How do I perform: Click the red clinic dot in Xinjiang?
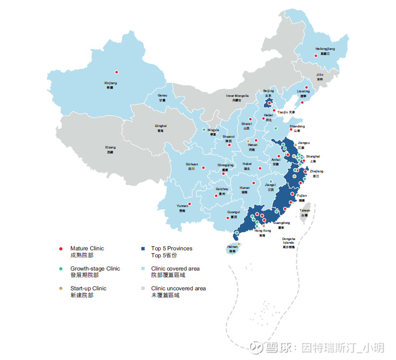click(116, 72)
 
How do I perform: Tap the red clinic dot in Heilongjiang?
click(316, 56)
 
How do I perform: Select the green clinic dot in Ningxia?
click(204, 129)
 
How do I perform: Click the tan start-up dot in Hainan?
click(239, 244)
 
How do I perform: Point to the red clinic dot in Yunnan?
click(190, 204)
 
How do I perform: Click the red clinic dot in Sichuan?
click(203, 167)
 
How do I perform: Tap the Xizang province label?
click(110, 149)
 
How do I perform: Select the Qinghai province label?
click(161, 128)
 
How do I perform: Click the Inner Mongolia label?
click(237, 98)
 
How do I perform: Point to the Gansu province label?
click(162, 97)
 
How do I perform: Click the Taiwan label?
click(305, 212)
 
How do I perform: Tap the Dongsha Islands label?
click(288, 242)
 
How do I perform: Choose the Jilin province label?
click(320, 77)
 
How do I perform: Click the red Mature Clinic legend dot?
click(61, 249)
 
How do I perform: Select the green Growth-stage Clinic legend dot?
click(61, 269)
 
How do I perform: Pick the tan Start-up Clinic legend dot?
click(61, 289)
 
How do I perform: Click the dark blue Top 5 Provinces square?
click(143, 249)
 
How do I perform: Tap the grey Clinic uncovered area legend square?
click(143, 289)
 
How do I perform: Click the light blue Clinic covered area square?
click(143, 269)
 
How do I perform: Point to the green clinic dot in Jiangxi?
click(271, 181)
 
